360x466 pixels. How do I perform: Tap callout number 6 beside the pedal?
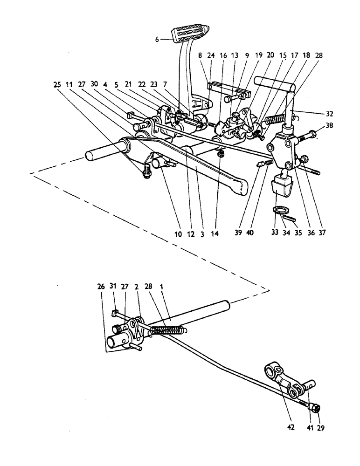(158, 40)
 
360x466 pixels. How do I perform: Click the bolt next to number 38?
(305, 136)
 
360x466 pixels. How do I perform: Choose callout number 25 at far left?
(57, 85)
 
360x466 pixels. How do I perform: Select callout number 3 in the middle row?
(202, 235)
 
